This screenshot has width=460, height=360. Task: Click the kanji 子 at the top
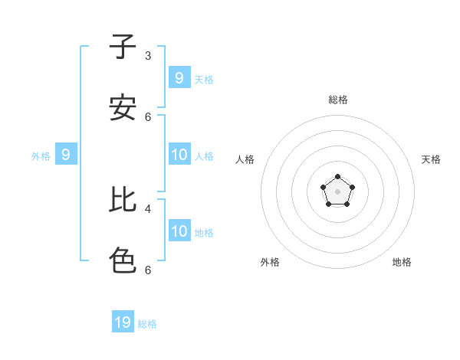tap(123, 47)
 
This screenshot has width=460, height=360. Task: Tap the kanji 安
tap(123, 108)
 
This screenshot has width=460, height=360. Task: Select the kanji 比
tap(123, 200)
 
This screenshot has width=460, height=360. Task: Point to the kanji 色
tap(123, 260)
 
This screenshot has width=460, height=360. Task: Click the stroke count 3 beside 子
tap(148, 55)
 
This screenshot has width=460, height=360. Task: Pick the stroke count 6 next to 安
tap(148, 116)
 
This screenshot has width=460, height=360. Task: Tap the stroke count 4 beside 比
tap(148, 208)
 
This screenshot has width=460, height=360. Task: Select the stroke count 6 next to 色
tap(148, 270)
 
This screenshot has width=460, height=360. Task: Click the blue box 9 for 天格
tap(179, 78)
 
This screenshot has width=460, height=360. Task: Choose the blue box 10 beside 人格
tap(179, 155)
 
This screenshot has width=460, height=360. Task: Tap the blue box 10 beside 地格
tap(179, 231)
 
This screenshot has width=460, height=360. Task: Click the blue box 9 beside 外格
tap(66, 155)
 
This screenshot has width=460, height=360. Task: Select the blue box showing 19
tap(123, 322)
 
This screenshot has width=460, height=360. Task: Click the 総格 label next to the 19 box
tap(147, 324)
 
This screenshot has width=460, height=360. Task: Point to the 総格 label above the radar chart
tap(338, 100)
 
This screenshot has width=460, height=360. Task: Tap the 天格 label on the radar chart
tap(431, 159)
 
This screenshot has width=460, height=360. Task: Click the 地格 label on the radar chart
tap(402, 262)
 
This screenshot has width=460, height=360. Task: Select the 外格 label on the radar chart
tap(270, 262)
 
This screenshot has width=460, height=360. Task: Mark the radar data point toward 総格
tap(338, 177)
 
